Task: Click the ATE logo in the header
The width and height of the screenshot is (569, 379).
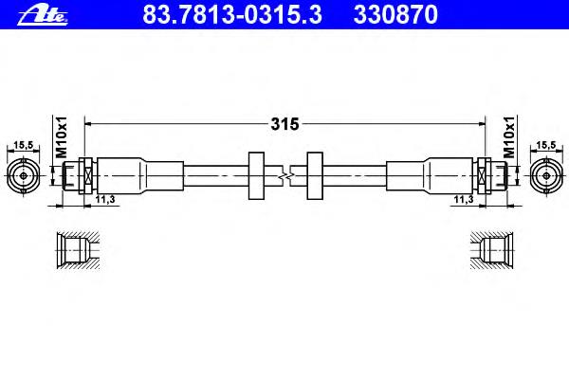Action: coord(43,16)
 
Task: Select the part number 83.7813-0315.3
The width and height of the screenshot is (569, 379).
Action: coord(232,14)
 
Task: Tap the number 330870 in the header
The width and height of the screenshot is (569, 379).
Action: coord(395,14)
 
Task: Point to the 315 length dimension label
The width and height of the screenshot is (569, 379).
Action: coord(284,124)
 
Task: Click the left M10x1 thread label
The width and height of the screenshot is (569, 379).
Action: coord(62,137)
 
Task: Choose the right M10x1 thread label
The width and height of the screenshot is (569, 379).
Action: coord(509,137)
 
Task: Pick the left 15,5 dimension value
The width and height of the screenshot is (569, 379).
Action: coord(23,145)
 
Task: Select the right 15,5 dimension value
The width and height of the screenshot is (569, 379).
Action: coord(546,145)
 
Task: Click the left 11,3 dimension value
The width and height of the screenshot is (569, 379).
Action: coord(105,199)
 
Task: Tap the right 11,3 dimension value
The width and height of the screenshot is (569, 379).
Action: coord(464,199)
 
